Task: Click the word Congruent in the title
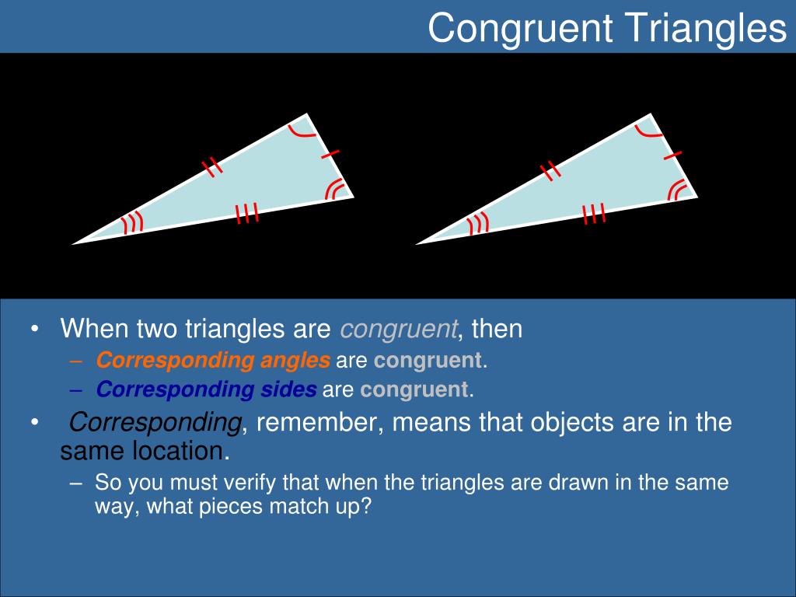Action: tap(520, 29)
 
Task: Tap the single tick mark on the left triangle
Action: tap(330, 154)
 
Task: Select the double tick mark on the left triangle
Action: tap(212, 168)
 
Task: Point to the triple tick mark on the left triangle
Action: tap(247, 213)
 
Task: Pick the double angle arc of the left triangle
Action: tap(335, 189)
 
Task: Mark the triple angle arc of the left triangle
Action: tap(133, 223)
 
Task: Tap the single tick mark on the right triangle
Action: tap(673, 155)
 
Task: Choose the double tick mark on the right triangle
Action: tap(550, 170)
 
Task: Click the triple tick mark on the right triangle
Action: tap(593, 213)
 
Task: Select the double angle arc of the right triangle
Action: tap(678, 190)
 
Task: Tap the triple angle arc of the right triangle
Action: tap(478, 223)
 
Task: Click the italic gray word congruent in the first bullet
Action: tap(399, 330)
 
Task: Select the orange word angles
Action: tap(295, 361)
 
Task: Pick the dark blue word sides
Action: tap(288, 389)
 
